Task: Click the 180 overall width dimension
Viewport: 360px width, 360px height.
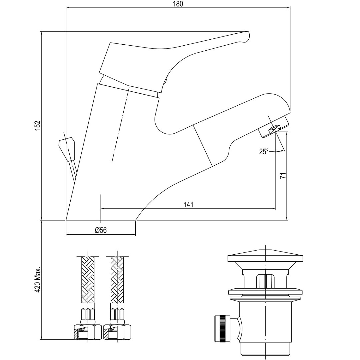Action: [x=178, y=4]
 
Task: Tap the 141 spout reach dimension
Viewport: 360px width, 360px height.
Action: [x=188, y=205]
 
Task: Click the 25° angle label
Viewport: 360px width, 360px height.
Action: [x=264, y=152]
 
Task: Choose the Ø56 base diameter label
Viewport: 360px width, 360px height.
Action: [x=101, y=230]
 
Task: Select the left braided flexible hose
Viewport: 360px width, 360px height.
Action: [x=88, y=280]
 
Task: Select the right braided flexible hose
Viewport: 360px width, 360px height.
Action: [x=117, y=280]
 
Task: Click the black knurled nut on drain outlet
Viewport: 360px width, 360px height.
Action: [x=222, y=329]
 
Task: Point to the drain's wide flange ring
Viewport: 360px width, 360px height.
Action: [x=265, y=292]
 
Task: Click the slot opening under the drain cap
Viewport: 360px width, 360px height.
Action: [x=265, y=280]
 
